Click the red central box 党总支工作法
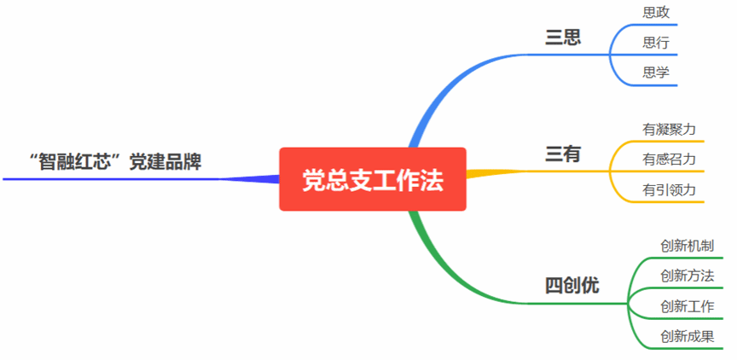373,179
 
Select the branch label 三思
563,38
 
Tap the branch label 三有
563,154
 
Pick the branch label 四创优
572,286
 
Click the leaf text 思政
655,13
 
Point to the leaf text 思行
655,43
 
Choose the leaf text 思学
655,73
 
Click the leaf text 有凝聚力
670,129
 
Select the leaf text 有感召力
670,159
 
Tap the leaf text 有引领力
670,189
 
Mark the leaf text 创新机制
687,246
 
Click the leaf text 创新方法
687,276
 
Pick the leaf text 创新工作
687,305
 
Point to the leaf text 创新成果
687,335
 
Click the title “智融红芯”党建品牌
114,162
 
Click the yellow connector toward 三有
495,173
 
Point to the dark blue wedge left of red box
256,179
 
